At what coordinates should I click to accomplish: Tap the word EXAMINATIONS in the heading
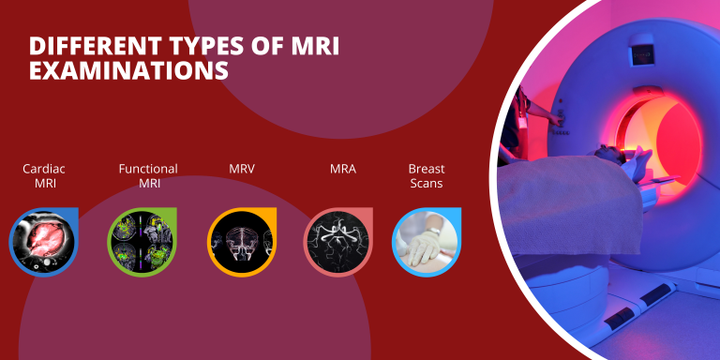pos(128,70)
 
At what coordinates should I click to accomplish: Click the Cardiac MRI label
pos(44,176)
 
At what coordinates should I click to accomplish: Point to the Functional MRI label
pos(148,176)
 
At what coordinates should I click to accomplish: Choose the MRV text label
pos(242,169)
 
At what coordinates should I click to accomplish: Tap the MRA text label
pos(342,169)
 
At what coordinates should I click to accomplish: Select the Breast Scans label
pos(427,176)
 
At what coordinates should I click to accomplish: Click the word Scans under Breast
pos(427,184)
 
